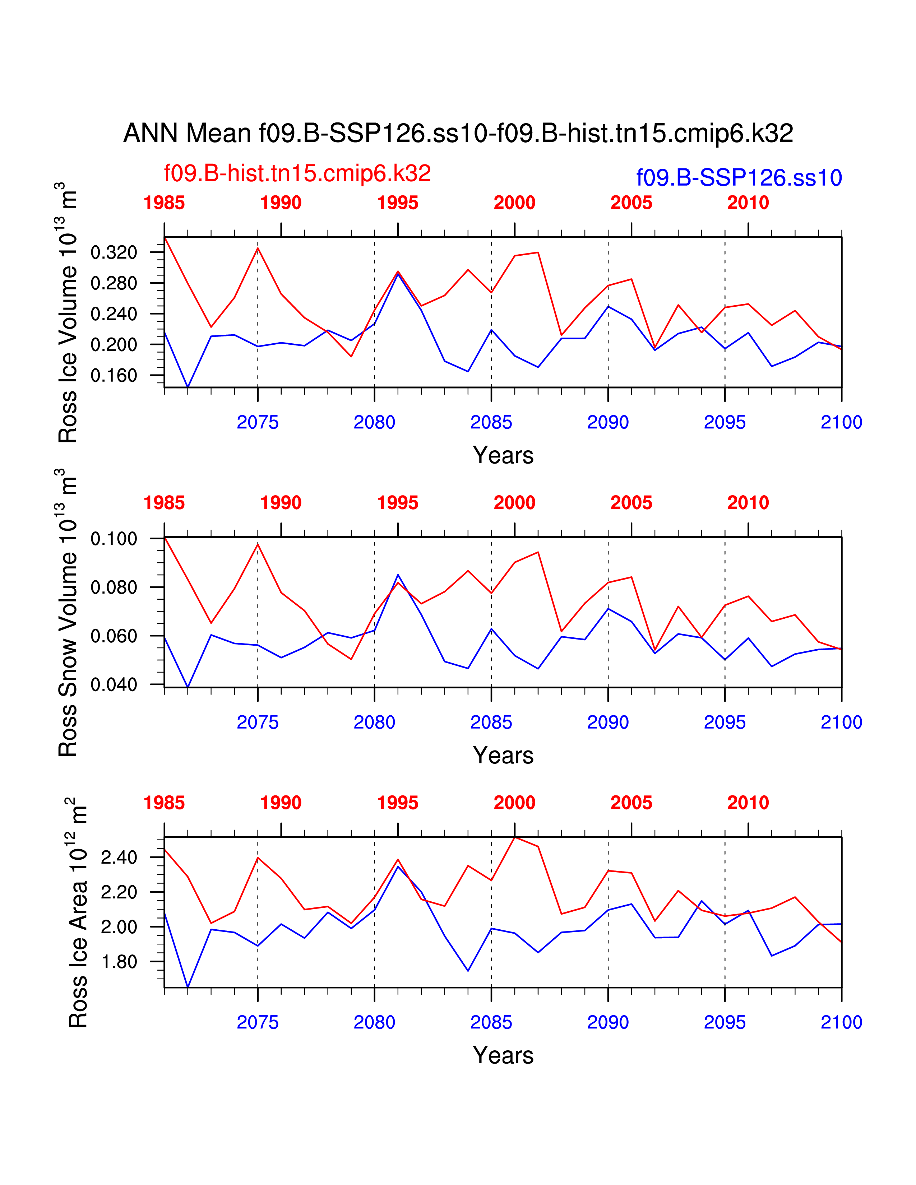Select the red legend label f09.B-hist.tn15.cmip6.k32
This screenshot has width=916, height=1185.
coord(297,173)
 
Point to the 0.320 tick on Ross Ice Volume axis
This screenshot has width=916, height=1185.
coord(114,252)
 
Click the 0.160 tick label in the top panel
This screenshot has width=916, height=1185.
coord(114,376)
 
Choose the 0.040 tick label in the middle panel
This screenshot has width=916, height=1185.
coord(114,685)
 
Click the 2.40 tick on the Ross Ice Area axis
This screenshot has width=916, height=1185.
coord(119,858)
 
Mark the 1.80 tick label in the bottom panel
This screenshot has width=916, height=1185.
coord(119,962)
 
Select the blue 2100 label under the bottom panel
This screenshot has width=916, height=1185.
coord(841,1022)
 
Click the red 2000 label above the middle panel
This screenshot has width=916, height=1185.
coord(514,503)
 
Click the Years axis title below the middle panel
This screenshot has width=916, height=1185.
coord(503,755)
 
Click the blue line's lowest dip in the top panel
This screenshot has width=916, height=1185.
coord(188,386)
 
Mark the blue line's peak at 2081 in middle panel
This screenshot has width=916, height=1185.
coord(398,575)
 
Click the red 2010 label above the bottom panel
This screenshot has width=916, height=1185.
coord(748,803)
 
